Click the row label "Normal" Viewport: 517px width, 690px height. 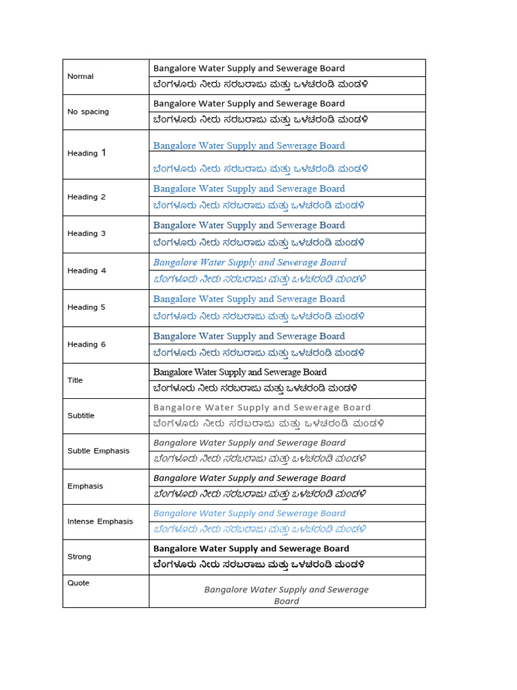pos(80,76)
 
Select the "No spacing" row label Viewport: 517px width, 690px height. pos(88,112)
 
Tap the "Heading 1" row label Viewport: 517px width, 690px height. pos(87,153)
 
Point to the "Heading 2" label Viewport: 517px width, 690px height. pos(86,197)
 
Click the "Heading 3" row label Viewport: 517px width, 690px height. pos(86,233)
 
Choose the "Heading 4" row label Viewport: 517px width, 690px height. pos(86,270)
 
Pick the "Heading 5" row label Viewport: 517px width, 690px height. pos(86,307)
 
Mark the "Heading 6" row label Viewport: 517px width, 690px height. pos(86,344)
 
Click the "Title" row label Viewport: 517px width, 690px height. pos(75,380)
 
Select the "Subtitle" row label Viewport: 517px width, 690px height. pos(81,416)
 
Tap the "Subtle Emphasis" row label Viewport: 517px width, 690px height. pos(98,451)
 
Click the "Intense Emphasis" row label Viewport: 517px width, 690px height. pos(100,522)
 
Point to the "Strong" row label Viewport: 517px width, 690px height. pos(79,557)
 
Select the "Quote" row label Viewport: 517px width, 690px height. pos(78,583)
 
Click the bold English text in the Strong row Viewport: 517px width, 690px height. pos(251,548)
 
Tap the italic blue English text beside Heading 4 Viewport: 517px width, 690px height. pos(250,262)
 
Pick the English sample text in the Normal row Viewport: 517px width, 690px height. pos(248,68)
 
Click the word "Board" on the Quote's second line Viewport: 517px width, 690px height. pos(287,601)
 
